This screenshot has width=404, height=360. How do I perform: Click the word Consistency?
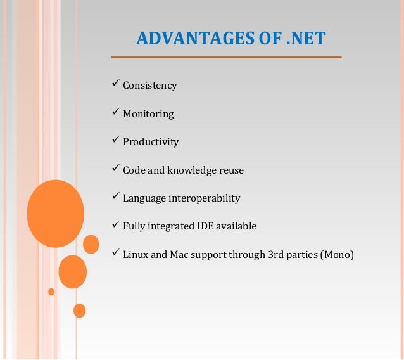[x=149, y=86]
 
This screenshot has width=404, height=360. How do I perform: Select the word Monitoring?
[x=148, y=114]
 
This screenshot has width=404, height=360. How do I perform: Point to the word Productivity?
[x=151, y=142]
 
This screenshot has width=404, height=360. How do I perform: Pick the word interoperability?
[x=205, y=198]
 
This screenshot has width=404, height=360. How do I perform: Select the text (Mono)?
[x=337, y=255]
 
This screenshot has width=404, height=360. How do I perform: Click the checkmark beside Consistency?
[x=115, y=84]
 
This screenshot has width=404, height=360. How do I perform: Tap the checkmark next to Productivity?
[x=115, y=140]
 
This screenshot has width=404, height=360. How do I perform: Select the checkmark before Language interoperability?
[x=115, y=196]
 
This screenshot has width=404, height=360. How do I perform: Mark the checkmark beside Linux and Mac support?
[x=115, y=253]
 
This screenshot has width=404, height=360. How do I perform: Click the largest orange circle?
[x=56, y=213]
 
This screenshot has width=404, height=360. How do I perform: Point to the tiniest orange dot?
[x=51, y=292]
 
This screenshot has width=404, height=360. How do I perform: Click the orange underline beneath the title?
[x=226, y=58]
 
